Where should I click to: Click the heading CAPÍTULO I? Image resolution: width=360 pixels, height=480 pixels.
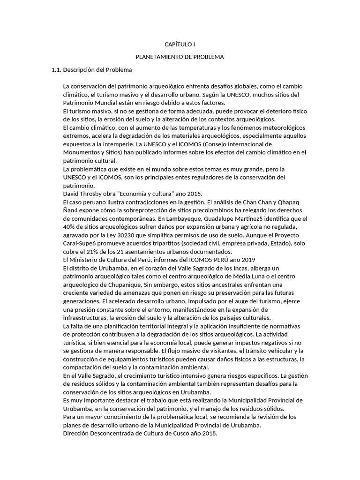pyautogui.click(x=180, y=44)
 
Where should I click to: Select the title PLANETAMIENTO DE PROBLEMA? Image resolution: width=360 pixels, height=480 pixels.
pyautogui.click(x=180, y=57)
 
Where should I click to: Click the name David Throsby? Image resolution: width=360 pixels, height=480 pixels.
pyautogui.click(x=82, y=194)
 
